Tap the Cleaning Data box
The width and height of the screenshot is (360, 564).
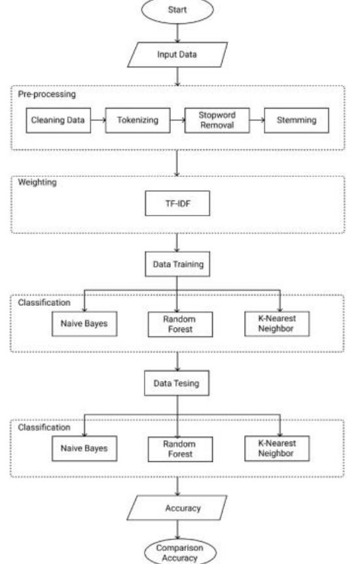pyautogui.click(x=57, y=121)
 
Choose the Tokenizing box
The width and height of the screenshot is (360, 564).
pyautogui.click(x=137, y=121)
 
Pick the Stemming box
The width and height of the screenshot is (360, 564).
pyautogui.click(x=298, y=121)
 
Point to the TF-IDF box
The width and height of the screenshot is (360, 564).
pyautogui.click(x=178, y=204)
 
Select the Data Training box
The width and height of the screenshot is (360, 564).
pyautogui.click(x=178, y=267)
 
